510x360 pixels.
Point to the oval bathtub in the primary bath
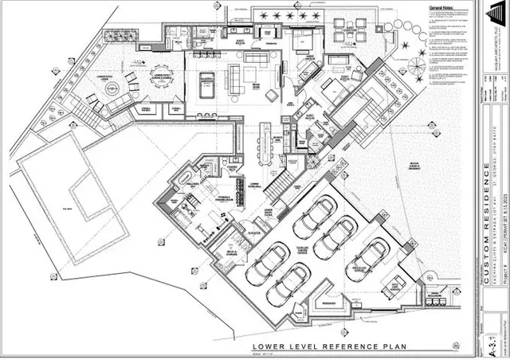(185, 176)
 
